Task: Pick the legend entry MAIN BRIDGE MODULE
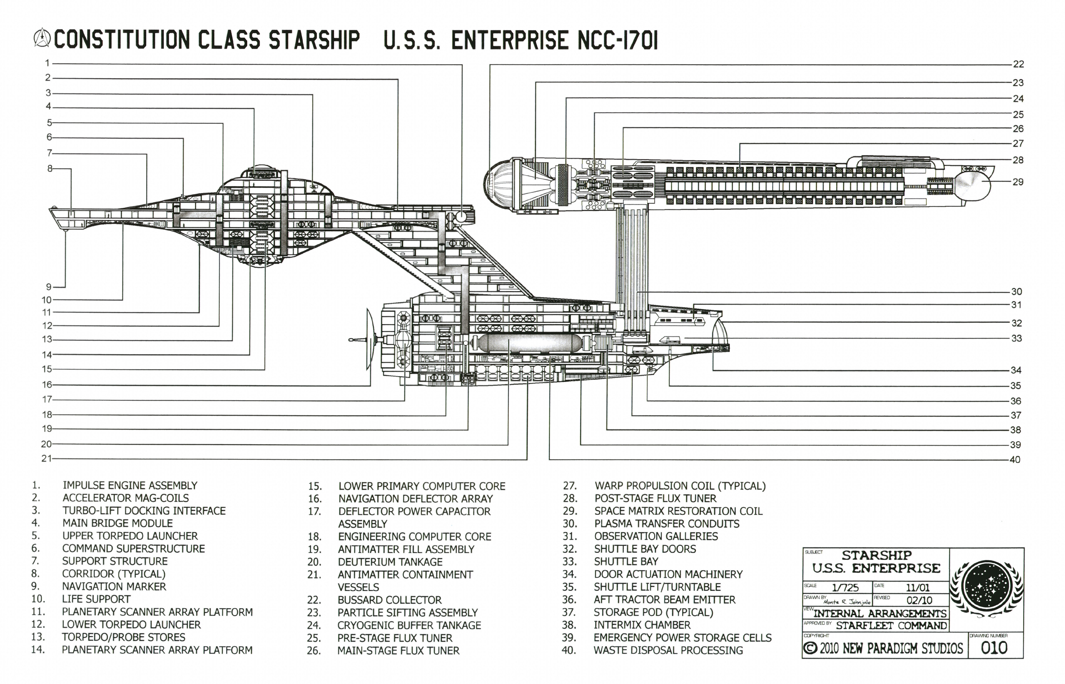point(117,523)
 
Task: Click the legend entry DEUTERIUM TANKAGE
point(390,562)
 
